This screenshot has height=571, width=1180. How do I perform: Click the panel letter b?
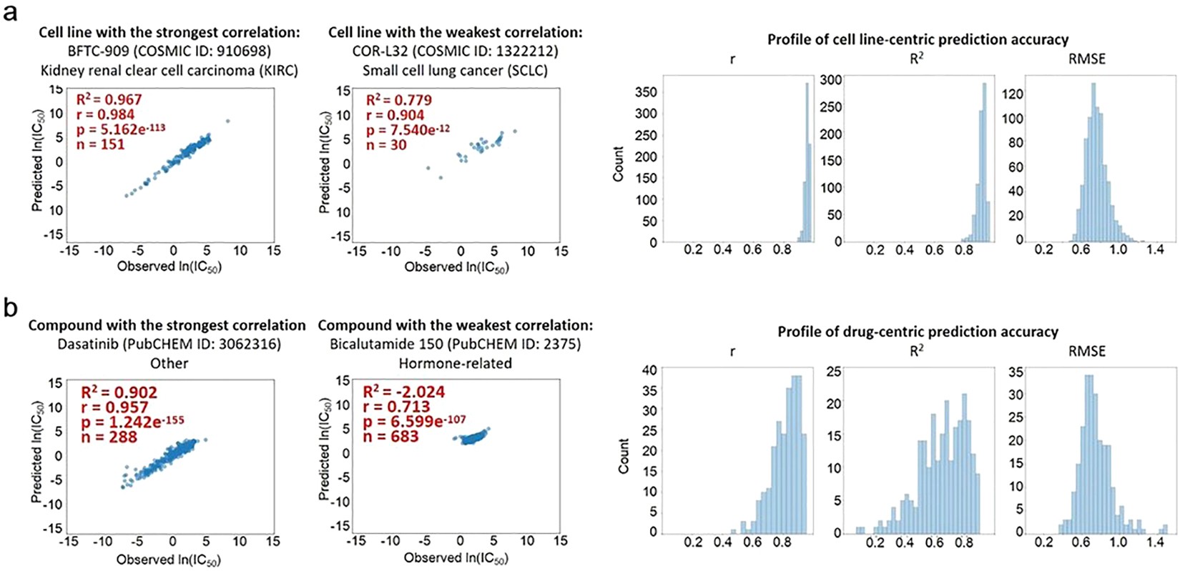pyautogui.click(x=10, y=308)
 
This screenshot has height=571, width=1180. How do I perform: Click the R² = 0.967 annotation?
pyautogui.click(x=109, y=99)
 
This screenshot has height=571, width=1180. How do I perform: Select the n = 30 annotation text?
pyautogui.click(x=386, y=145)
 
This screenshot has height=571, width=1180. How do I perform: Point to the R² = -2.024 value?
pyautogui.click(x=403, y=392)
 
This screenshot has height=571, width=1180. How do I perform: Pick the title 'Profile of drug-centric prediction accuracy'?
pyautogui.click(x=918, y=332)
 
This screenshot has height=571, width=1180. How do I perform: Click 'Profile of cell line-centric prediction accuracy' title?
pyautogui.click(x=918, y=39)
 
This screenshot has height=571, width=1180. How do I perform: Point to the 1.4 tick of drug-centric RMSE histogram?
pyautogui.click(x=1155, y=542)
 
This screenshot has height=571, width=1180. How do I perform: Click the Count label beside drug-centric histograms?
pyautogui.click(x=624, y=456)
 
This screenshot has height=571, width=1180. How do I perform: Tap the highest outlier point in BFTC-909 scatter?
pyautogui.click(x=227, y=121)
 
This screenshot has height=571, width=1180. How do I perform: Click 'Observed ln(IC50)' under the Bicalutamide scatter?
pyautogui.click(x=456, y=558)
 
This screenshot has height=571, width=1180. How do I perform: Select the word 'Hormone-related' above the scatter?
pyautogui.click(x=455, y=363)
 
